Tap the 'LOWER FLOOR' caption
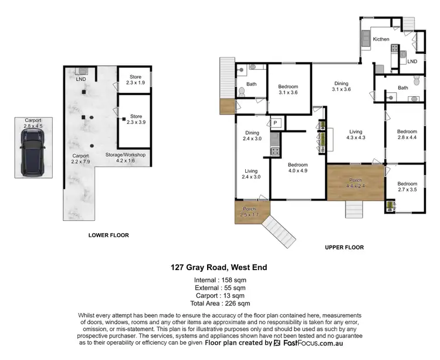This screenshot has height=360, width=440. pos(109,235)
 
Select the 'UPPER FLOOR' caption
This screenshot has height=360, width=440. pos(344,247)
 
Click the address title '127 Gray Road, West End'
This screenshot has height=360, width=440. pos(219,268)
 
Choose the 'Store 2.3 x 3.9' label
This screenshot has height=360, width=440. pos(136,119)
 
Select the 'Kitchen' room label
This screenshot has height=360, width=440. pos(381,39)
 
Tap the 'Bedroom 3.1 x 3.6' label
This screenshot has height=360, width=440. pos(288,89)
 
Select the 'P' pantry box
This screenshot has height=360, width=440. pos(274,123)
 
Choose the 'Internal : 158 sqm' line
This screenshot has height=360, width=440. pos(219,280)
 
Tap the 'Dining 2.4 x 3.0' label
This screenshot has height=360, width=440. pos(252,136)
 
